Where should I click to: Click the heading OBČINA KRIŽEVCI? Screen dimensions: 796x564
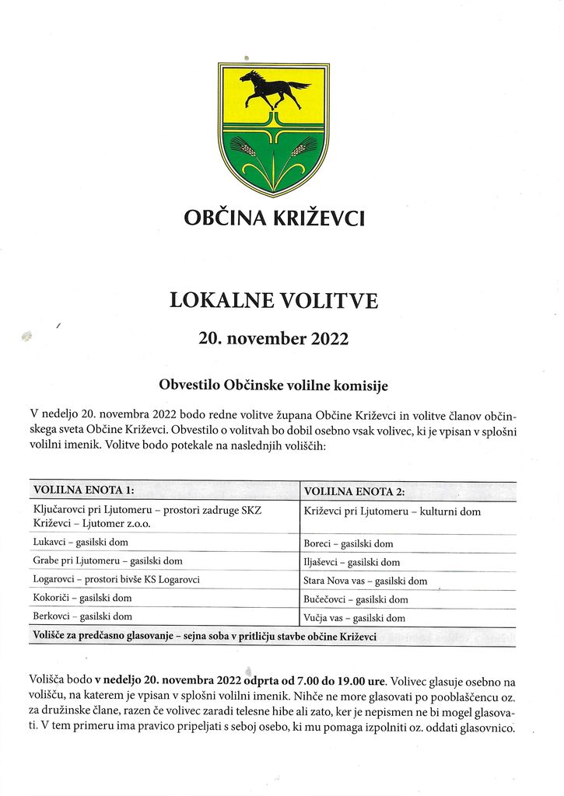coord(274,218)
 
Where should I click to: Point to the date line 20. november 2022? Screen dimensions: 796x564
coord(274,340)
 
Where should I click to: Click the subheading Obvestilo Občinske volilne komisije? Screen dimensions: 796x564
coord(273,386)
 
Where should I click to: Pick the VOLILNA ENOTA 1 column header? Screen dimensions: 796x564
coord(84,491)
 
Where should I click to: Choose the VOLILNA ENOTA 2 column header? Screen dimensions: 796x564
coord(354,491)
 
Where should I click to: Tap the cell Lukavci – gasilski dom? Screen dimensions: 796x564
coord(81,542)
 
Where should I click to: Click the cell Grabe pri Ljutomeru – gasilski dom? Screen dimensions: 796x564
coord(107,560)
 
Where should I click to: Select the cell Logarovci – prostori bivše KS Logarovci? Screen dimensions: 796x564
coord(117,579)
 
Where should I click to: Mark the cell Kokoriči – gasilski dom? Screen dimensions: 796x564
coord(82,598)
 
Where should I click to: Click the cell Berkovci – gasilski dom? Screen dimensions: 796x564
coord(82,616)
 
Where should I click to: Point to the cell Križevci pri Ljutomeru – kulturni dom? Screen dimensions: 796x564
coord(392,511)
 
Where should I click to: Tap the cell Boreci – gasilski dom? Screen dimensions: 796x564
coord(348,544)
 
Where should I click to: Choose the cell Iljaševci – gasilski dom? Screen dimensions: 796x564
coord(352,562)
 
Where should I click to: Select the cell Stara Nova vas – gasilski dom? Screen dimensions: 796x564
coord(365,581)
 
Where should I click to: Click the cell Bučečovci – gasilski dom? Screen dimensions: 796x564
coord(356,599)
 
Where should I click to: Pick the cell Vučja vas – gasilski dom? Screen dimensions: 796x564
coord(354,618)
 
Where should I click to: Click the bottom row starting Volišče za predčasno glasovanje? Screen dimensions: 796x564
coord(204,636)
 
